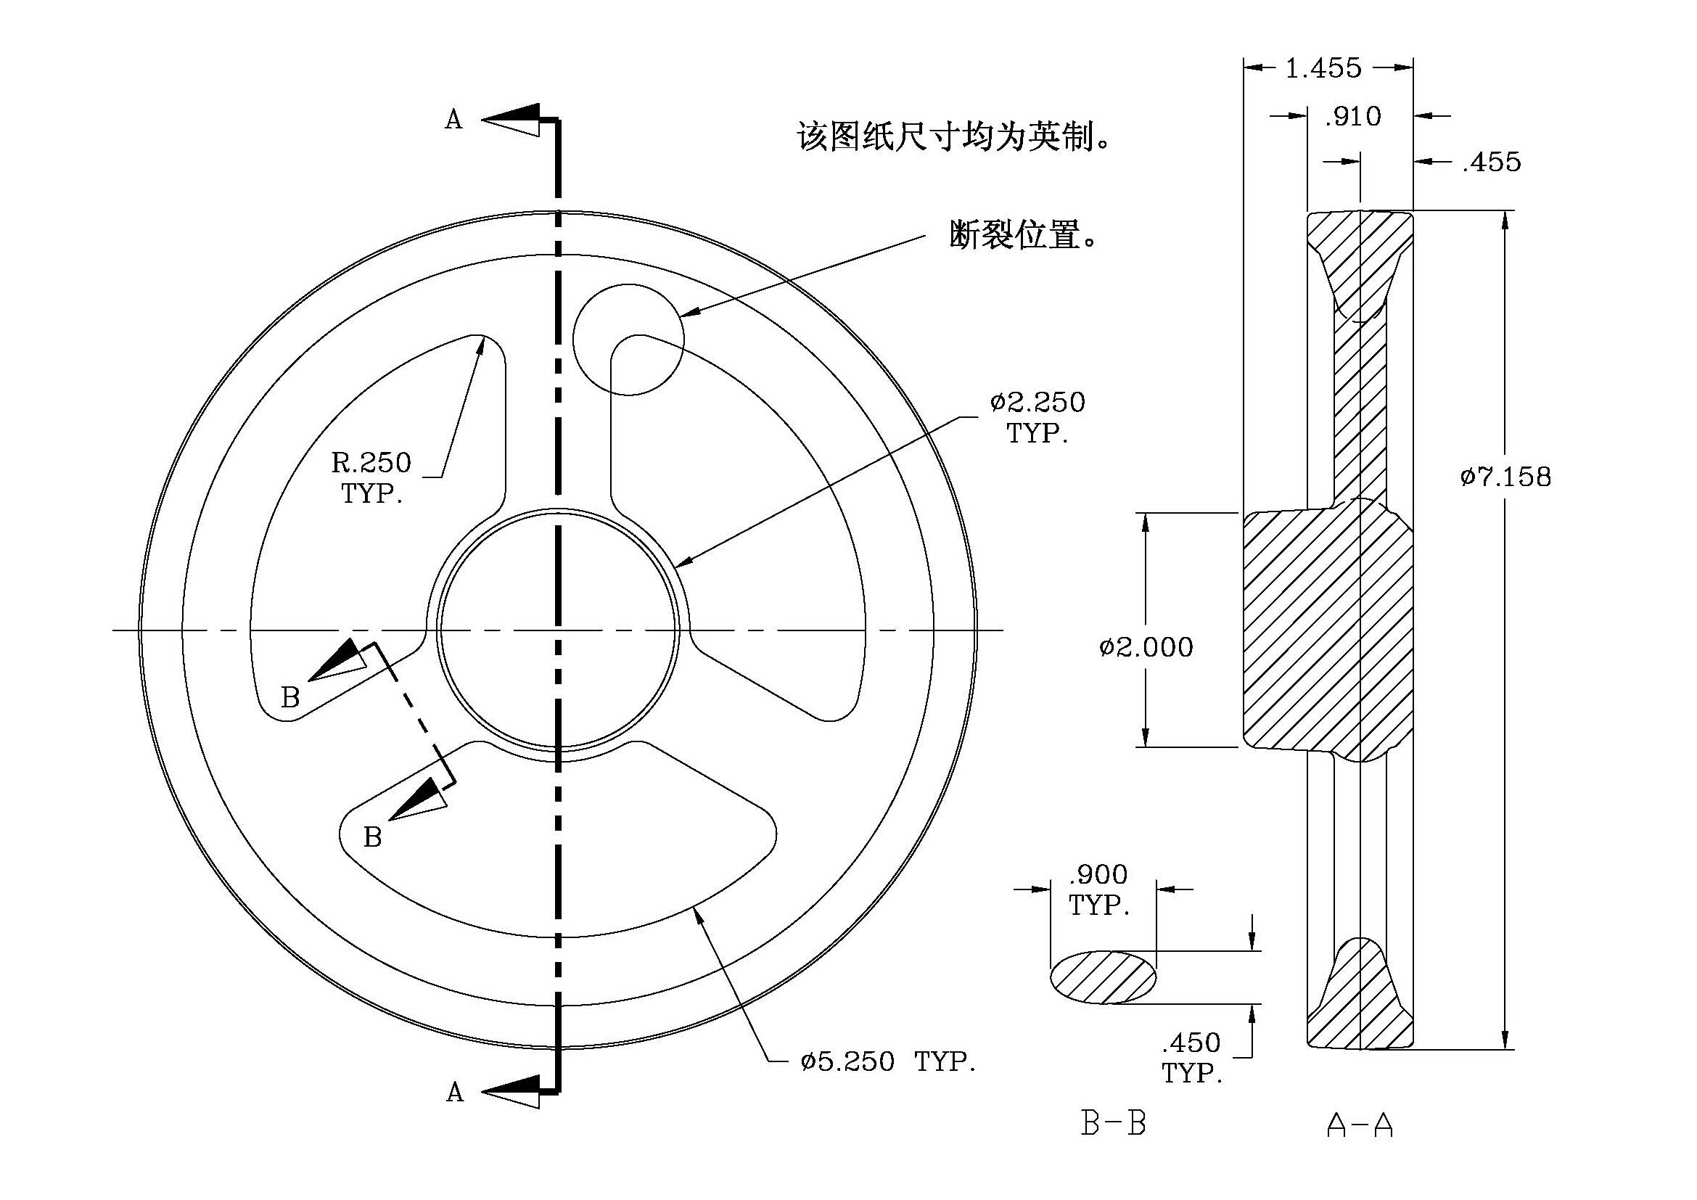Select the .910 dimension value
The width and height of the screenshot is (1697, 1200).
click(1352, 117)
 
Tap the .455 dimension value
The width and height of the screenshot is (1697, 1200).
click(1492, 162)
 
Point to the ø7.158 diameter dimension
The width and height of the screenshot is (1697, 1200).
click(1505, 477)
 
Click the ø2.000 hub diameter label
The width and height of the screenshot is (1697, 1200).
click(1146, 647)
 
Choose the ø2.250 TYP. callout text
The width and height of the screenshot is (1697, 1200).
click(1037, 417)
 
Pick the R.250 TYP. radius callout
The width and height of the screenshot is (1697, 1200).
click(371, 477)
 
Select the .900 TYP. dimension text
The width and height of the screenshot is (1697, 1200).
click(1099, 889)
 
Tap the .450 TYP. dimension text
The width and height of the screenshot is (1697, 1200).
click(1191, 1057)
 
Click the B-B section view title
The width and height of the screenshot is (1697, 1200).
click(1113, 1125)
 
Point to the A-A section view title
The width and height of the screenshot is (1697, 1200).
click(1360, 1125)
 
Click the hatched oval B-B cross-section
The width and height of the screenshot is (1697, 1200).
click(1104, 977)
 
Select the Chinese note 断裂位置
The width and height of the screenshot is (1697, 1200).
click(1023, 236)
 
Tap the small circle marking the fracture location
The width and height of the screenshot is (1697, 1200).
click(628, 284)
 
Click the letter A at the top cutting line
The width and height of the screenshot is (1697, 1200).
click(453, 120)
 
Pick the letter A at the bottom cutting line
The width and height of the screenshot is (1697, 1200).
click(456, 1092)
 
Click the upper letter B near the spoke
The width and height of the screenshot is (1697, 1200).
click(290, 696)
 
